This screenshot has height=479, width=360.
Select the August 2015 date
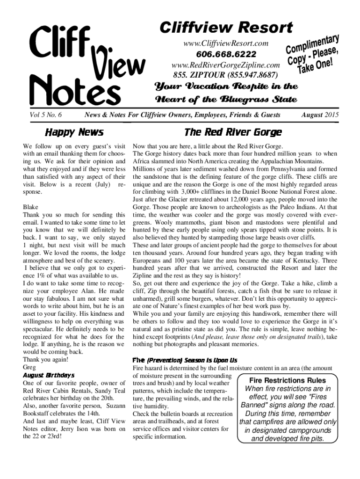(x=320, y=115)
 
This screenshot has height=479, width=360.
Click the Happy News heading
(x=73, y=132)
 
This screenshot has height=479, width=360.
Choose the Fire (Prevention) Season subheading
(x=185, y=360)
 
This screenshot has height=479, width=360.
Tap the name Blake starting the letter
(x=30, y=206)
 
